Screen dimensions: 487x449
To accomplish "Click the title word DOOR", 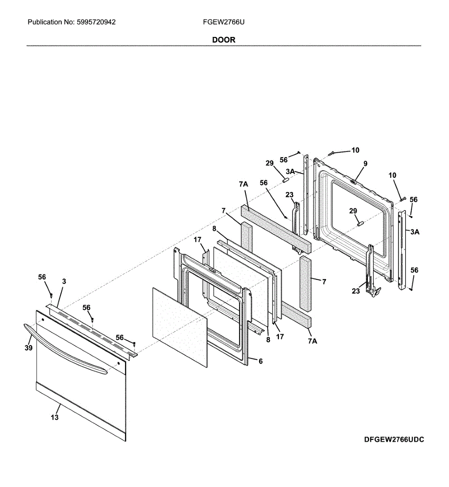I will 223,40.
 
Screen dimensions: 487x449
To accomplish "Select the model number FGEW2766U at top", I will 223,22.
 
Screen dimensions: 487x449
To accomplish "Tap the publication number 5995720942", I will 96,22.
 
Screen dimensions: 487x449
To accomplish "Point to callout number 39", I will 28,348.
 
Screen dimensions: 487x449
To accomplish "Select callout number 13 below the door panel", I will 55,417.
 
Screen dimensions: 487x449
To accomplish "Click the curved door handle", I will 65,349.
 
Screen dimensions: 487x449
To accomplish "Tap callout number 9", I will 365,164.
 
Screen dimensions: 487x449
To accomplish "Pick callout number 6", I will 260,361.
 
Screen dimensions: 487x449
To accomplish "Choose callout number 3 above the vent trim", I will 64,281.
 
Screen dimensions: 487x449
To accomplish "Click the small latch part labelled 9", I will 354,181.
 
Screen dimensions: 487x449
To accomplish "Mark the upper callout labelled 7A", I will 243,184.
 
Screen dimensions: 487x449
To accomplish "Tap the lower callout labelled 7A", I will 312,341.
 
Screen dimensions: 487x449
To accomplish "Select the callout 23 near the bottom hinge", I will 356,291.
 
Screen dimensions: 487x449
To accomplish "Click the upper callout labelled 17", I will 198,240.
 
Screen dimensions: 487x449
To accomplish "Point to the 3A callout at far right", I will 415,232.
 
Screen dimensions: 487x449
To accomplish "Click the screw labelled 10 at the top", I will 331,153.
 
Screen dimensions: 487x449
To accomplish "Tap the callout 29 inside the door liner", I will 353,211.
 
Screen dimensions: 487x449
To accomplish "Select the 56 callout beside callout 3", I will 42,277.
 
